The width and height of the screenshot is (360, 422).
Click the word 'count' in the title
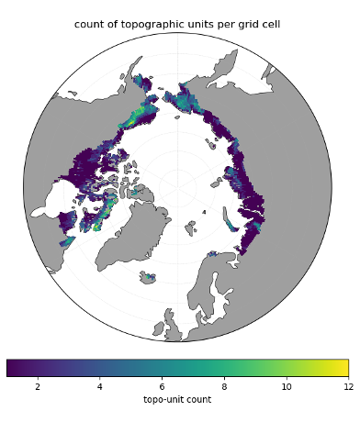pyautogui.click(x=89, y=25)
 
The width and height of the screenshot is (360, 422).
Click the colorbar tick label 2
pyautogui.click(x=38, y=386)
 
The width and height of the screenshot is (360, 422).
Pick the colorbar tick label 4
pyautogui.click(x=100, y=386)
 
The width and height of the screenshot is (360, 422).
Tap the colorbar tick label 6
pyautogui.click(x=162, y=386)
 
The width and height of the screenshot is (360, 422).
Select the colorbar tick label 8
pyautogui.click(x=224, y=386)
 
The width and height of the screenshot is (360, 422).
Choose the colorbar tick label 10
pyautogui.click(x=286, y=386)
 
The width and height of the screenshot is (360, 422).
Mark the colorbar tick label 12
pyautogui.click(x=347, y=386)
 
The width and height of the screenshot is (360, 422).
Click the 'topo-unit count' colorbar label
pyautogui.click(x=177, y=400)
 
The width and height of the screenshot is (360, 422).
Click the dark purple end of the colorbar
pyautogui.click(x=10, y=367)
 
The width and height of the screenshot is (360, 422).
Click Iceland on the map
pyautogui.click(x=147, y=275)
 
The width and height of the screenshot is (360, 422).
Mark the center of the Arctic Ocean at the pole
pyautogui.click(x=177, y=187)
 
